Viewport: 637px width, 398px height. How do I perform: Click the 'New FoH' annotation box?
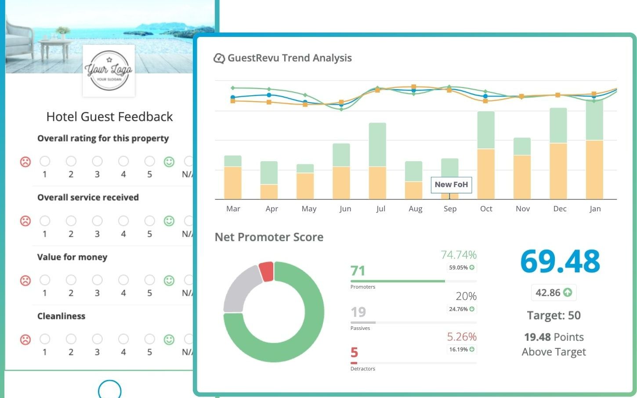[x=451, y=185]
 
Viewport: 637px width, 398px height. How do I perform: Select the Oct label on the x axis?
[x=486, y=209]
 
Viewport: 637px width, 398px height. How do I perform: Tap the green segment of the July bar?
[x=377, y=145]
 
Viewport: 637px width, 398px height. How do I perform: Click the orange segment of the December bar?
[x=558, y=171]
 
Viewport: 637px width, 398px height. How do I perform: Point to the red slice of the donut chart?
[x=267, y=271]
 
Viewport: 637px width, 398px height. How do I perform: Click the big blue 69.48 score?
[x=560, y=261]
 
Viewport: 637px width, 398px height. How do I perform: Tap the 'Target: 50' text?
[x=554, y=315]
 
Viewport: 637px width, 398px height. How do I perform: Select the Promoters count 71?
[x=358, y=271]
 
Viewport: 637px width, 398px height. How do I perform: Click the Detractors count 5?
[x=354, y=352]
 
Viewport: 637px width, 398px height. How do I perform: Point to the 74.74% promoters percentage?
[x=458, y=255]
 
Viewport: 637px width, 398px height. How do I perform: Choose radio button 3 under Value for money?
[x=97, y=280]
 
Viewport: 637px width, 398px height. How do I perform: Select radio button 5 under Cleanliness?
[x=149, y=339]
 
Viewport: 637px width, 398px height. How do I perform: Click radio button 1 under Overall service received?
[x=45, y=221]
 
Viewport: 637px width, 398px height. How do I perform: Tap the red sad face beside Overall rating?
[x=25, y=162]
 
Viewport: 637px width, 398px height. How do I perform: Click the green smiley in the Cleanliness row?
[x=169, y=340]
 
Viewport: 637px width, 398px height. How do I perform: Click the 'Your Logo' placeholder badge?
[x=109, y=71]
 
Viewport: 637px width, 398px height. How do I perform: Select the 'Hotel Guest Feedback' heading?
[x=109, y=117]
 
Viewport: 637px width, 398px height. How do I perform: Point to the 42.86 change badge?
[x=554, y=293]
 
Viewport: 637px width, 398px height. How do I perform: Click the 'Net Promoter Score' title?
[x=269, y=237]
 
